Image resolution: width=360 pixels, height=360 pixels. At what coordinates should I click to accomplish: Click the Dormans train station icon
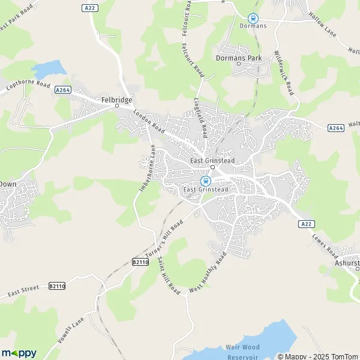253,18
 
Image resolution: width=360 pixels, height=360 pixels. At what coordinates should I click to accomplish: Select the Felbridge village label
117,100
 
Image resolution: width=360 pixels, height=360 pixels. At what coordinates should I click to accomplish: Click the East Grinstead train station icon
205,181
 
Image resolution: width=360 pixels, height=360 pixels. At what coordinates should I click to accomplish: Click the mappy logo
19,353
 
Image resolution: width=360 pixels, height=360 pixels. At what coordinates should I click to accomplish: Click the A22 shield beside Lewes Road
306,223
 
